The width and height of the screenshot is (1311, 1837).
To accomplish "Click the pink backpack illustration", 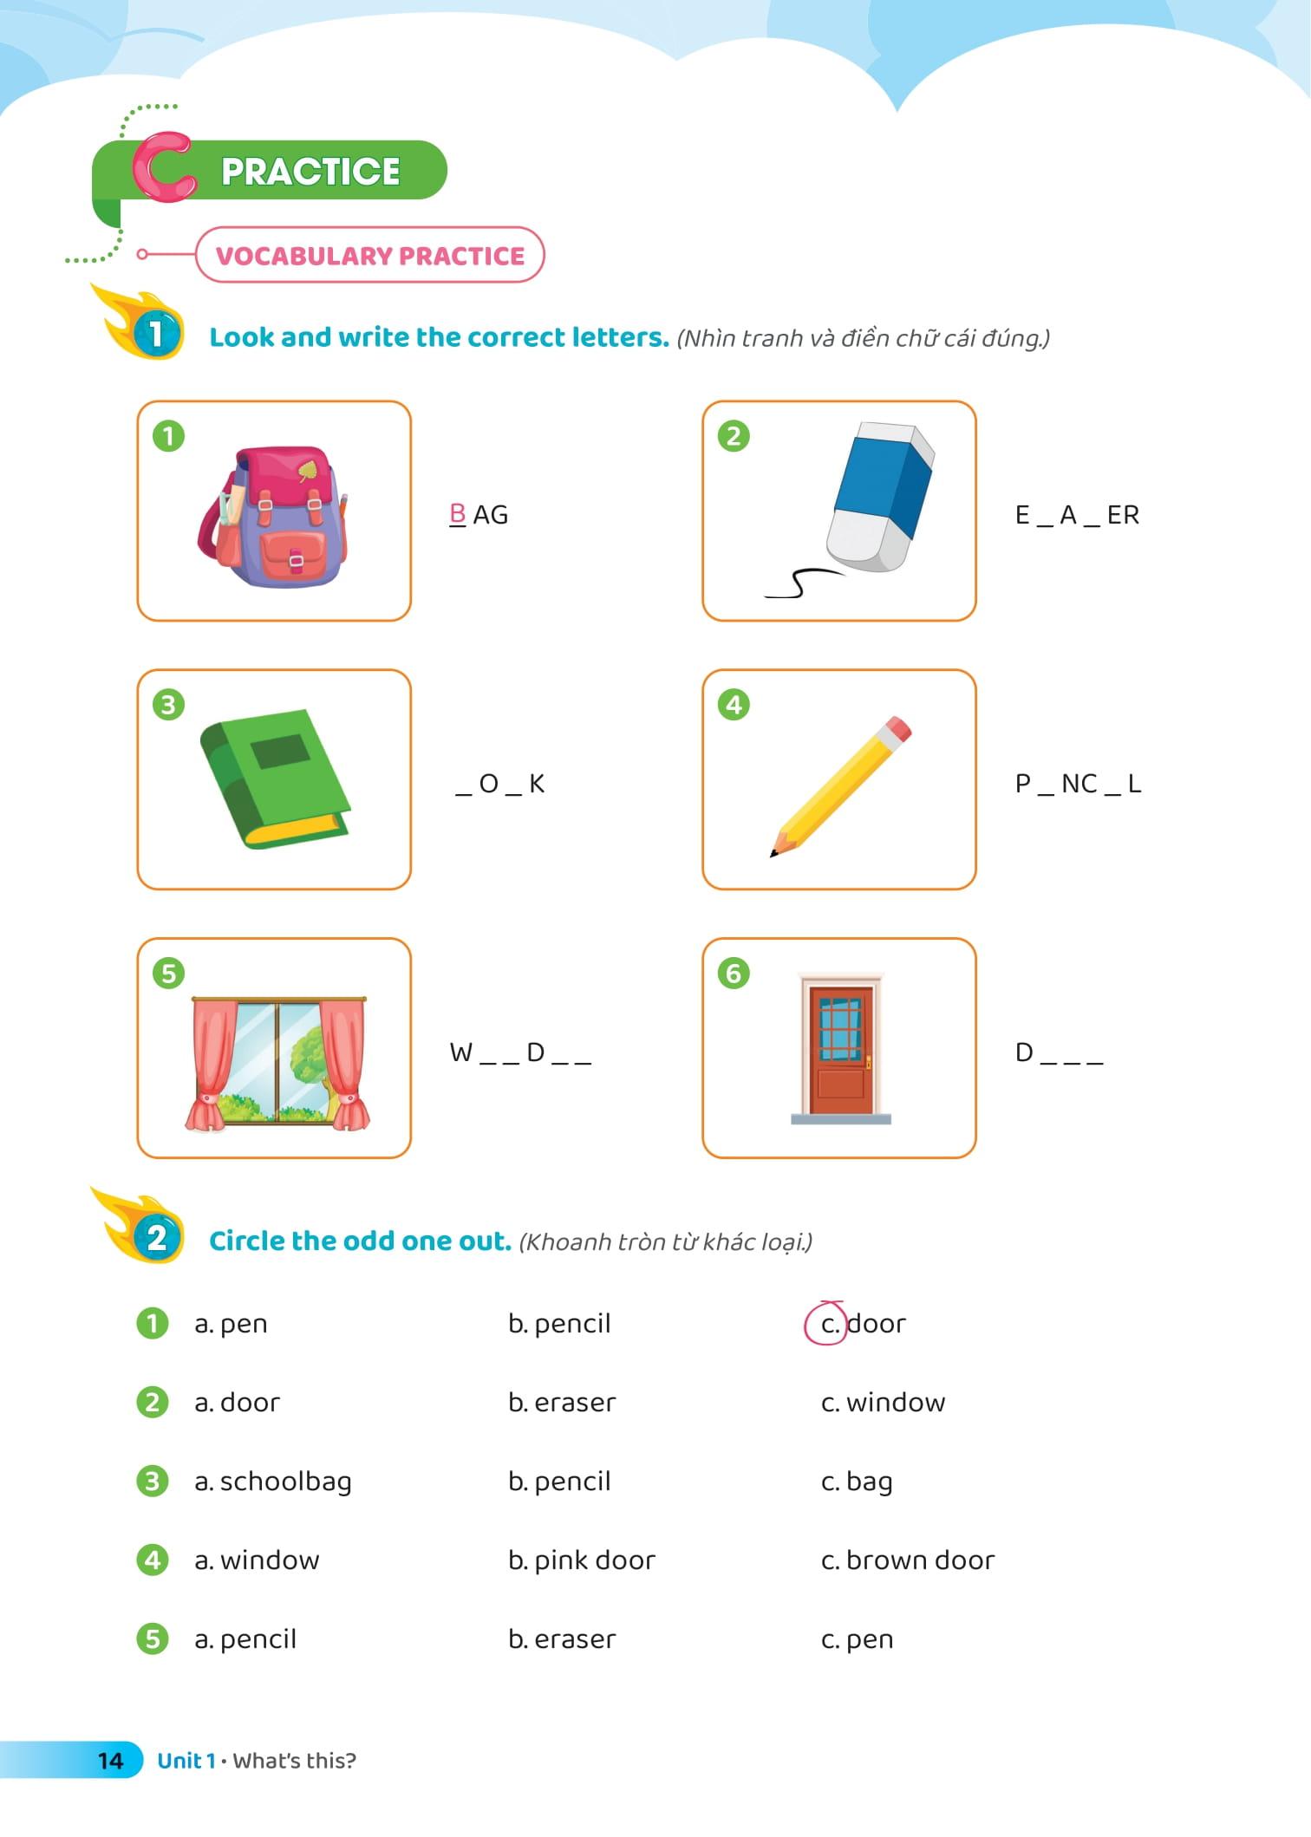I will click(273, 517).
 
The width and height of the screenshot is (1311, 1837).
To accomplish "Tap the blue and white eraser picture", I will click(877, 498).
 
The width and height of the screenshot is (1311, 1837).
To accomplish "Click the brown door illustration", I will click(840, 1048).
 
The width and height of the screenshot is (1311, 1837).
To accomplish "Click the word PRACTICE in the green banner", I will click(310, 171).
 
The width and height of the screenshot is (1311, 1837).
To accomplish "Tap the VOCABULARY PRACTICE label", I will click(370, 256).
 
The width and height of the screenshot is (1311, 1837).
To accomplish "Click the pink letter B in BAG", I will click(458, 514).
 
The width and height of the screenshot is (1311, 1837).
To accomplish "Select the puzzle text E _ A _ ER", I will click(1077, 515).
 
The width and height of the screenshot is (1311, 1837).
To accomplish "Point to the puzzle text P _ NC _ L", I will click(1078, 784).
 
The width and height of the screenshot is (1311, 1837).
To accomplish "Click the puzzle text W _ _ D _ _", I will click(520, 1052).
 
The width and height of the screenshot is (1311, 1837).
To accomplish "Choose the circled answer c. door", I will click(856, 1324).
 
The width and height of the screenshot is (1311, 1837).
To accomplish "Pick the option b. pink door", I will click(582, 1560).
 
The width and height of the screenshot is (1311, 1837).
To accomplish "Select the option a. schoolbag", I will click(273, 1482).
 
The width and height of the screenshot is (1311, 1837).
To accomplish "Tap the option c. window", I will click(883, 1403).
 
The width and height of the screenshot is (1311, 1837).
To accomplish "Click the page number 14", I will click(111, 1761).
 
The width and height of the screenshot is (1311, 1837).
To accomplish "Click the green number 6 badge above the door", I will click(734, 974).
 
